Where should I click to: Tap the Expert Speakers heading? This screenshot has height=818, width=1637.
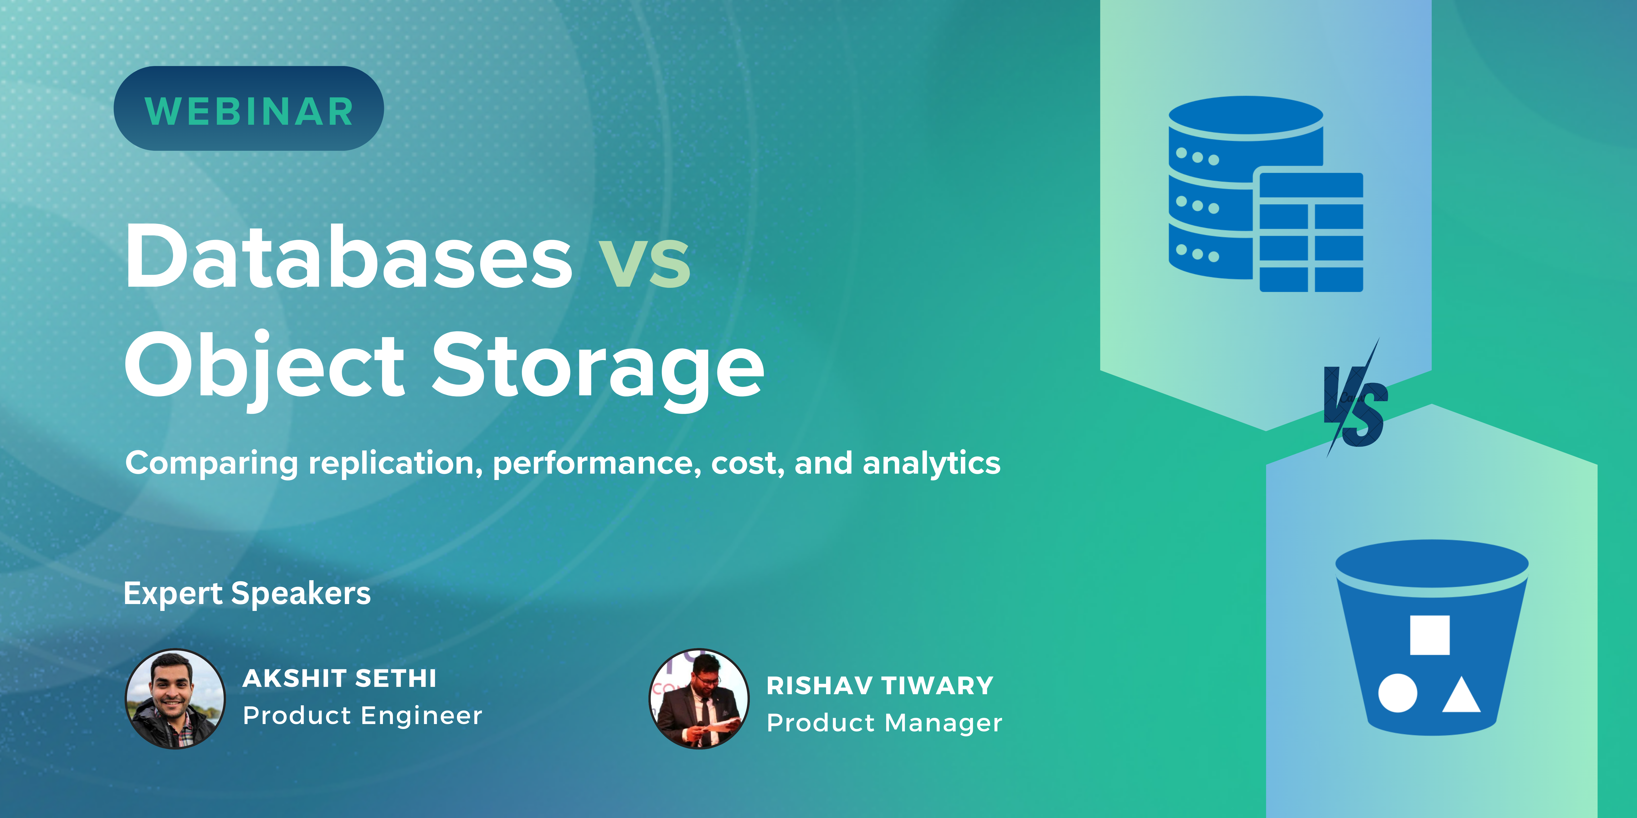[247, 594]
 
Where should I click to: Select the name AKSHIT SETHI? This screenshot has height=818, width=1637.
[339, 678]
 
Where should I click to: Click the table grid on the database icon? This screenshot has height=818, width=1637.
[1312, 232]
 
